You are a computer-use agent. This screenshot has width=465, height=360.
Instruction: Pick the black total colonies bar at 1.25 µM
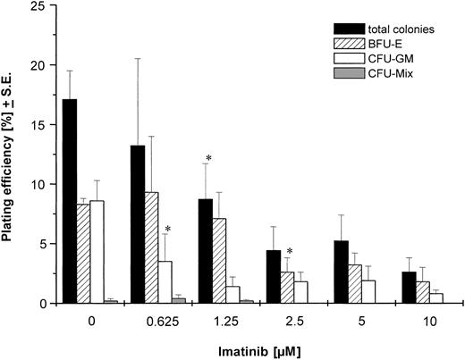pyautogui.click(x=206, y=251)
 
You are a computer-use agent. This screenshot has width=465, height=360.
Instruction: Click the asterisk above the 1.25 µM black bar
pyautogui.click(x=207, y=159)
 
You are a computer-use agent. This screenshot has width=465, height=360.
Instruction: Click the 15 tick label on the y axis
pyautogui.click(x=33, y=126)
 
